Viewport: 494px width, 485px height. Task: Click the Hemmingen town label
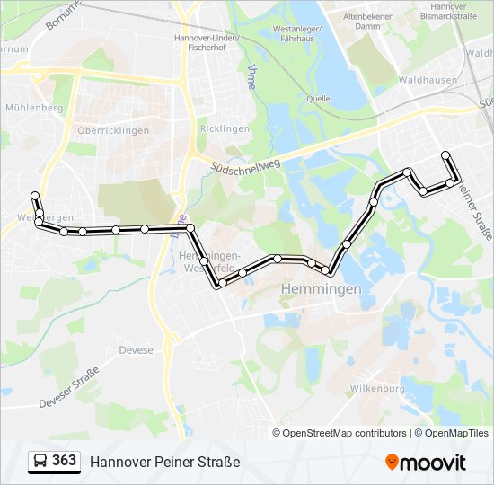(x=321, y=289)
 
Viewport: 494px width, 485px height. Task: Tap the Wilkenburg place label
(x=376, y=389)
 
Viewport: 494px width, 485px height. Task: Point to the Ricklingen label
(x=225, y=129)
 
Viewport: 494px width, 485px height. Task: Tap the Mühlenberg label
(x=34, y=108)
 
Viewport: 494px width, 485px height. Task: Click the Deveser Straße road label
(x=68, y=392)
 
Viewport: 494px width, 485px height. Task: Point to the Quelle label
(x=319, y=100)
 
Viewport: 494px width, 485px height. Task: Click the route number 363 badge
(x=64, y=461)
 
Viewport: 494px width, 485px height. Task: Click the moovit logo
(x=426, y=463)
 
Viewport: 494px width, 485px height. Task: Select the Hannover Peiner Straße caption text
(x=164, y=463)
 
